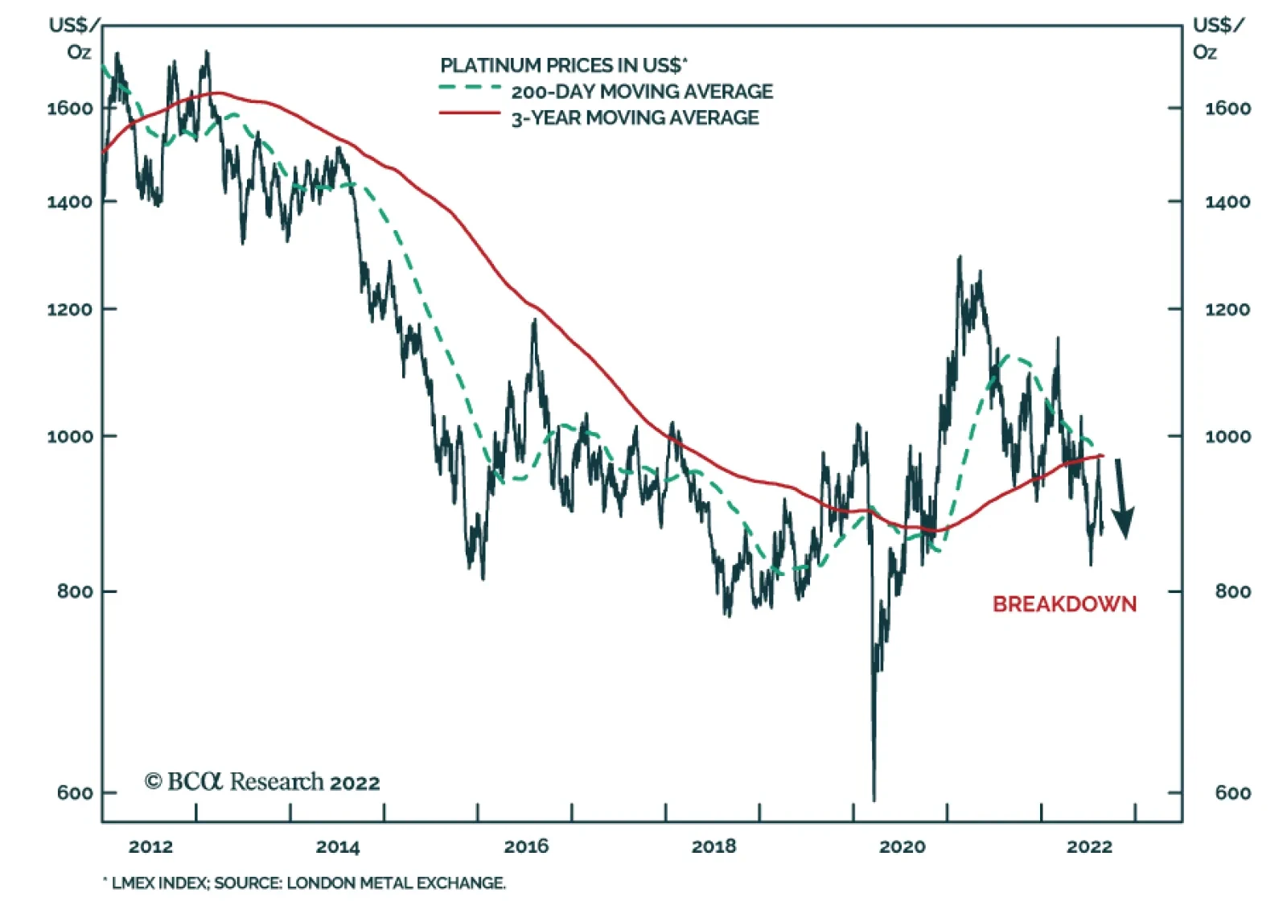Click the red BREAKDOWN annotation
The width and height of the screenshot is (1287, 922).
pyautogui.click(x=1063, y=604)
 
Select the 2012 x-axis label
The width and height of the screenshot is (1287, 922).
pyautogui.click(x=150, y=846)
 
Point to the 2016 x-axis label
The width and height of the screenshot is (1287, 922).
pyautogui.click(x=526, y=846)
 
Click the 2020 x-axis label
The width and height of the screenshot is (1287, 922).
pyautogui.click(x=902, y=846)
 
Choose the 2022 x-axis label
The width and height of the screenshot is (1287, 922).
pyautogui.click(x=1089, y=846)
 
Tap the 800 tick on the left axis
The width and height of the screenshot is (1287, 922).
pyautogui.click(x=74, y=591)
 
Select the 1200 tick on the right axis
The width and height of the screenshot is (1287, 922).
pyautogui.click(x=1227, y=309)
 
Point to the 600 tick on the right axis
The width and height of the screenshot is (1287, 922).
pyautogui.click(x=1232, y=793)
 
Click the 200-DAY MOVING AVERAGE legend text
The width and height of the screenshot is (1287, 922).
pyautogui.click(x=642, y=92)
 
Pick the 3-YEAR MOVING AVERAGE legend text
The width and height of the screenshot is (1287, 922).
pyautogui.click(x=635, y=118)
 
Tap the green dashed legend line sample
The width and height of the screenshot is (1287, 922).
pyautogui.click(x=470, y=88)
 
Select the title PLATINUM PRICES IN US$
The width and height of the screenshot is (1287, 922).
pyautogui.click(x=563, y=65)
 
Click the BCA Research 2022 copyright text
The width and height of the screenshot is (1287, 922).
pyautogui.click(x=261, y=782)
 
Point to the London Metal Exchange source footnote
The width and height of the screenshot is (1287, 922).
pyautogui.click(x=305, y=883)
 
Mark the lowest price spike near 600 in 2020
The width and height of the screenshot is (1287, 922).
pyautogui.click(x=874, y=796)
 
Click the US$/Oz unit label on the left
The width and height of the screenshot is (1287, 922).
pyautogui.click(x=74, y=39)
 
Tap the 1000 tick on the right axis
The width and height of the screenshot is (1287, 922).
pyautogui.click(x=1227, y=436)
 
